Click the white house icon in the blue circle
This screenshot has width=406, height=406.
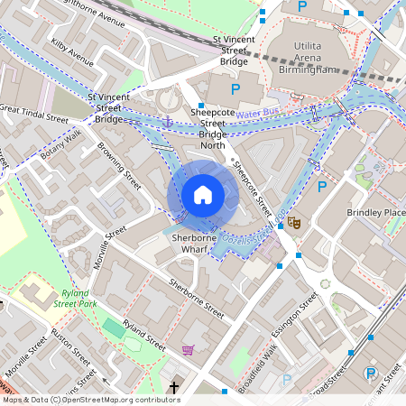[x=202, y=194]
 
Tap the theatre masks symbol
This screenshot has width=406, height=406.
[x=293, y=221]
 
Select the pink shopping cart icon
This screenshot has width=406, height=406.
[x=188, y=349]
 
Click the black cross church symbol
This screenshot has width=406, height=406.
[x=173, y=388]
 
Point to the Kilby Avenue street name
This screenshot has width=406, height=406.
[x=73, y=53]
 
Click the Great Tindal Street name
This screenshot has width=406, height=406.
[x=34, y=115]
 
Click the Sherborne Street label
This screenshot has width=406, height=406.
[x=196, y=298]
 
